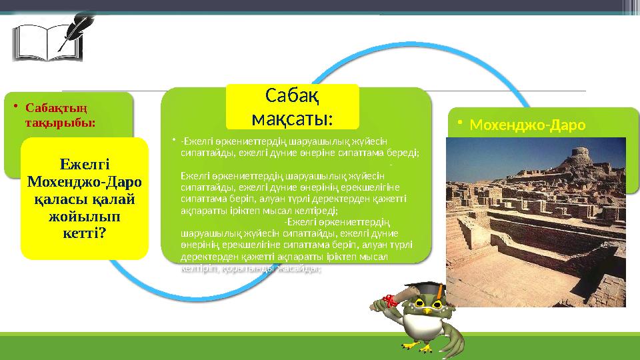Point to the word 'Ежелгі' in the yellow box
pyautogui.click(x=84, y=165)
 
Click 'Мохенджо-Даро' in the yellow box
pyautogui.click(x=85, y=181)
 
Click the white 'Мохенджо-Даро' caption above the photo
pyautogui.click(x=527, y=125)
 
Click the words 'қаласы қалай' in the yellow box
pyautogui.click(x=84, y=199)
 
